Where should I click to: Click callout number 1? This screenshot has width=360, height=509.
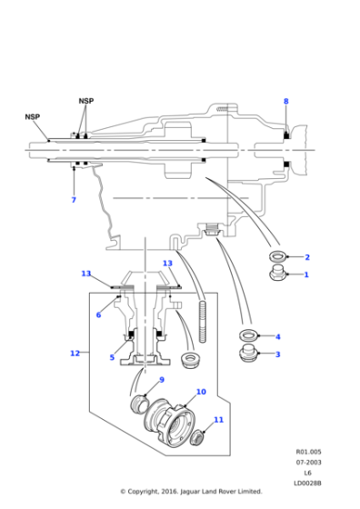[306, 274]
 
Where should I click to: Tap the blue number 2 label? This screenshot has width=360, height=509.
[306, 257]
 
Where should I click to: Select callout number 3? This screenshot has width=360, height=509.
[277, 354]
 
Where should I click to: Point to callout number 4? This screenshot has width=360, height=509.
[277, 337]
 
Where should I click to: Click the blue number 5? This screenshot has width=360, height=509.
[113, 357]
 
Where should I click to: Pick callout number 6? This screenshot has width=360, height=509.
[98, 315]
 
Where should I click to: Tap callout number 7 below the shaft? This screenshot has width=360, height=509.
[74, 200]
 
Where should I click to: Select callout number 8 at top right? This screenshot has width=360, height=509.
[285, 101]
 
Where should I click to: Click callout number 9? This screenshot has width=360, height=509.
[162, 380]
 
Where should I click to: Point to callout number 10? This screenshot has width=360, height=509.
[201, 392]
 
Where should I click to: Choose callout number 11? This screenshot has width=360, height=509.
[218, 420]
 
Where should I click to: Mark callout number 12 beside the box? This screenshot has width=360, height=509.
[75, 353]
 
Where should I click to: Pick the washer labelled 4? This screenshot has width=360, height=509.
[246, 335]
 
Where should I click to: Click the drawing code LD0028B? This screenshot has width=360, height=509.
[306, 481]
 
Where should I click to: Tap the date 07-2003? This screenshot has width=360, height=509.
[306, 461]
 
